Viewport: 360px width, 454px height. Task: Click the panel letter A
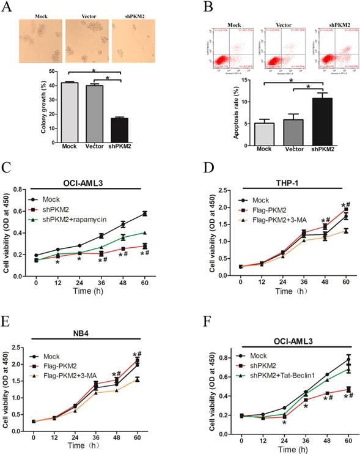pyautogui.click(x=7, y=7)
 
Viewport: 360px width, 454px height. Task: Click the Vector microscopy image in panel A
pyautogui.click(x=85, y=40)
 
